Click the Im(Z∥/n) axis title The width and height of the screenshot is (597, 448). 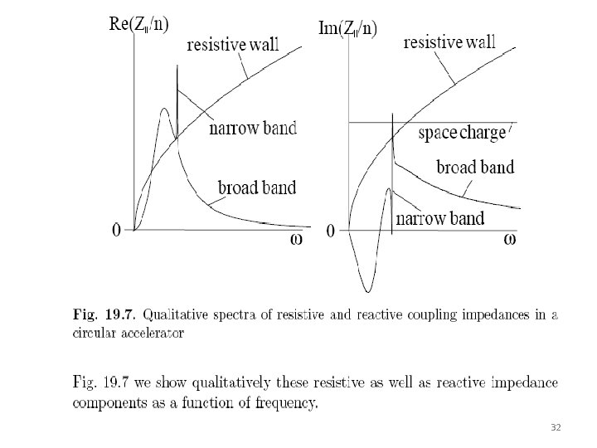click(x=347, y=28)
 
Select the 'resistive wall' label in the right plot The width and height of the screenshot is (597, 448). click(x=449, y=43)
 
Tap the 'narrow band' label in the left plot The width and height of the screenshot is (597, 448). click(x=253, y=129)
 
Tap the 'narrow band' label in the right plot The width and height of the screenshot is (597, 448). click(x=440, y=219)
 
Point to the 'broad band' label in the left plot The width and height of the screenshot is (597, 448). click(x=256, y=187)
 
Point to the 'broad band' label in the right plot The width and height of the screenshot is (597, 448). click(x=475, y=167)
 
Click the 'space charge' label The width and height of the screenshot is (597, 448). click(x=461, y=133)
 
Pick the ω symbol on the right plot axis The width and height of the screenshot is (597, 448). click(x=514, y=240)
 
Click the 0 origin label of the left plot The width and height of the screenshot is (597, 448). click(x=117, y=230)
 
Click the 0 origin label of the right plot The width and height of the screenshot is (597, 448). click(x=331, y=231)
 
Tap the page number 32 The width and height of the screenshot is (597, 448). click(x=556, y=426)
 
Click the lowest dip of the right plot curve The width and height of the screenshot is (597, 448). click(x=367, y=290)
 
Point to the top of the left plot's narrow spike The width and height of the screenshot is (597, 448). click(x=177, y=66)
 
